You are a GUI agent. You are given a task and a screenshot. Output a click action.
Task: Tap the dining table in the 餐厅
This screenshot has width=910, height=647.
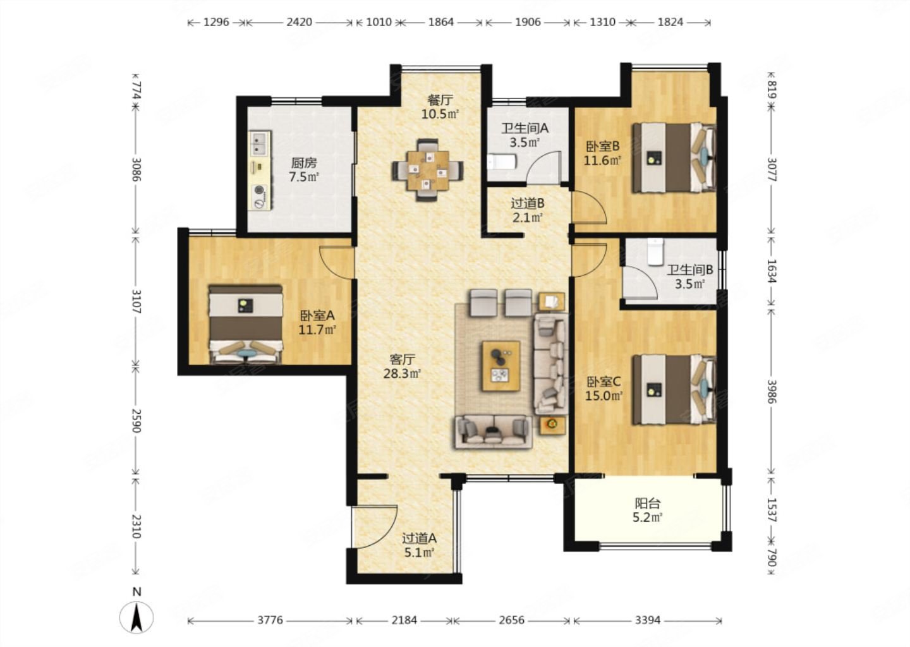coord(427,170)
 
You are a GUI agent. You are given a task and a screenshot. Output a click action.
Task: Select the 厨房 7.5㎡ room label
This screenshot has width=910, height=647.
coord(304,170)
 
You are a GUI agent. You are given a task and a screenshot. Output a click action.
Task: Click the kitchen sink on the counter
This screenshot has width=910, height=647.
coord(260,143)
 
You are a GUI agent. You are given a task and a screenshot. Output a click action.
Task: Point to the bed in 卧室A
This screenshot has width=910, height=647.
coord(245,323)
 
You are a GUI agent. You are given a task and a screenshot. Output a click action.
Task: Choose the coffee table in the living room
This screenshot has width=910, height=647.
coord(501,366)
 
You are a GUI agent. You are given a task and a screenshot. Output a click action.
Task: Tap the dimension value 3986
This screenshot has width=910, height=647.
coord(772,392)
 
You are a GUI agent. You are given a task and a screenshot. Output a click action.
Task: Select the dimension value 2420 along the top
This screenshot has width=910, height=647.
coord(300,22)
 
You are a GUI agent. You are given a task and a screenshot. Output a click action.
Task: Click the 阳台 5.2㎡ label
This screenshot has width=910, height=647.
coord(648,511)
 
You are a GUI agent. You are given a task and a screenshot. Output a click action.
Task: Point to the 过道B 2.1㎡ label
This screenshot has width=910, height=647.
coord(527,210)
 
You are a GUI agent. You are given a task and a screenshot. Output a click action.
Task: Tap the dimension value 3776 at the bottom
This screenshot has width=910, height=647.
coord(270,620)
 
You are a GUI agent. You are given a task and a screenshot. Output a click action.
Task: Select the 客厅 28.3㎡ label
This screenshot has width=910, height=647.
coord(402,366)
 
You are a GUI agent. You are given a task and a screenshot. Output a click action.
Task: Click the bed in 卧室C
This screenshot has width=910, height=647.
coord(674,389)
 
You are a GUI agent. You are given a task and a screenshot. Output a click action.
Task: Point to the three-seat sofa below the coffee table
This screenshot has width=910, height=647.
coord(493,432)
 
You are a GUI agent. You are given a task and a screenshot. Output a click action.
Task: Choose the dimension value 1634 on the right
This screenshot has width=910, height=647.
coord(772,271)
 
